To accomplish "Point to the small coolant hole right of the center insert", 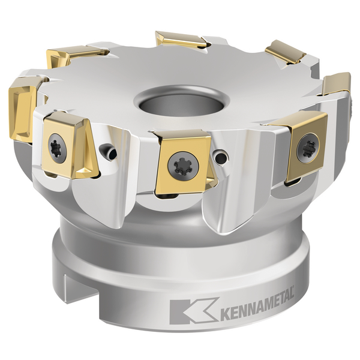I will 221,158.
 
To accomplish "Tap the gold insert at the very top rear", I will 178,40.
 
